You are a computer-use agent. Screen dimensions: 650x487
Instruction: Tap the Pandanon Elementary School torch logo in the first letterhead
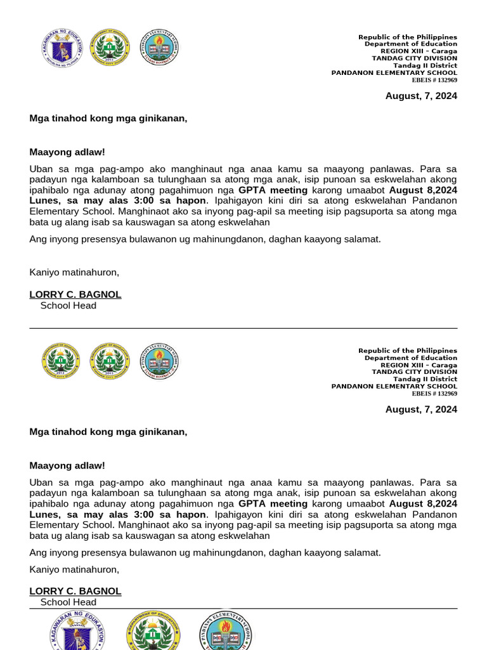coord(159,48)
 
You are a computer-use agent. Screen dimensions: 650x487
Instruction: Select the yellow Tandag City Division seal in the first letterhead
coord(110,48)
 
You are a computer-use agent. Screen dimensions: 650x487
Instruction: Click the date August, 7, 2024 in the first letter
coord(421,96)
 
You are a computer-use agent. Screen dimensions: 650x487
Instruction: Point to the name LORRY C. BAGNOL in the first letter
coord(75,295)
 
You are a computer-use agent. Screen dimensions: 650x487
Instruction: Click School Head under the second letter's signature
coord(68,602)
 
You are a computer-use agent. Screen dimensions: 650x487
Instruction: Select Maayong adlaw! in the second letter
coord(67,465)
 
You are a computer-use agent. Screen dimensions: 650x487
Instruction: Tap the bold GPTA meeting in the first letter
coord(273,190)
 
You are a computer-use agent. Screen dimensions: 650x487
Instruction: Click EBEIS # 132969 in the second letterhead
coord(434,394)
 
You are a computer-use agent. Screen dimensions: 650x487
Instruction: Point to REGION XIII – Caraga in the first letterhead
coord(419,51)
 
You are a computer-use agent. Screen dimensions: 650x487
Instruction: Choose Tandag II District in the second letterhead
coord(425,379)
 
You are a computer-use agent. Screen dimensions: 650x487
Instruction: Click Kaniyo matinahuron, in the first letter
coord(74,272)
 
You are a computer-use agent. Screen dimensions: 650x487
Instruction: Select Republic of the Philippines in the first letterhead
coord(408,37)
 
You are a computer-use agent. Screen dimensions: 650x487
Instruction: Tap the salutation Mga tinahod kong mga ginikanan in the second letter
coord(108,432)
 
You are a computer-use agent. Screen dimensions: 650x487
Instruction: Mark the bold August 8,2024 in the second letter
coord(423,503)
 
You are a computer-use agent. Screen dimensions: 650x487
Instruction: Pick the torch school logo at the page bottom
coord(226,631)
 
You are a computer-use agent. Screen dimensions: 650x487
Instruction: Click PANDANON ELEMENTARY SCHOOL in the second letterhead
coord(394,386)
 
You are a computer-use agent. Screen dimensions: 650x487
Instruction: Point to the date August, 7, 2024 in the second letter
coord(421,409)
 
